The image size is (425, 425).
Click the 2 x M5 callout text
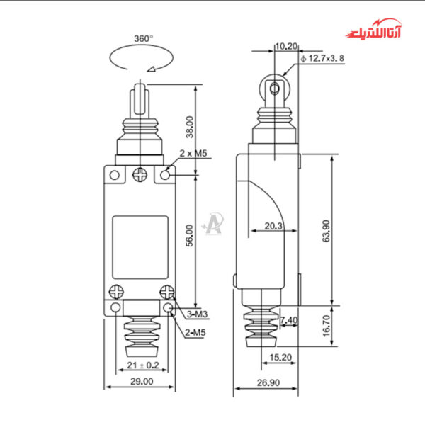pyautogui.click(x=193, y=153)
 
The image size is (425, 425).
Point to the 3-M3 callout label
pyautogui.click(x=197, y=314)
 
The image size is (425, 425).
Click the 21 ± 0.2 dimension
pyautogui.click(x=140, y=365)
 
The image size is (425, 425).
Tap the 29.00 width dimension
pyautogui.click(x=140, y=381)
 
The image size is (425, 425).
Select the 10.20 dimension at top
pyautogui.click(x=285, y=46)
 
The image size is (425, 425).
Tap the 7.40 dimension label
pyautogui.click(x=289, y=321)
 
